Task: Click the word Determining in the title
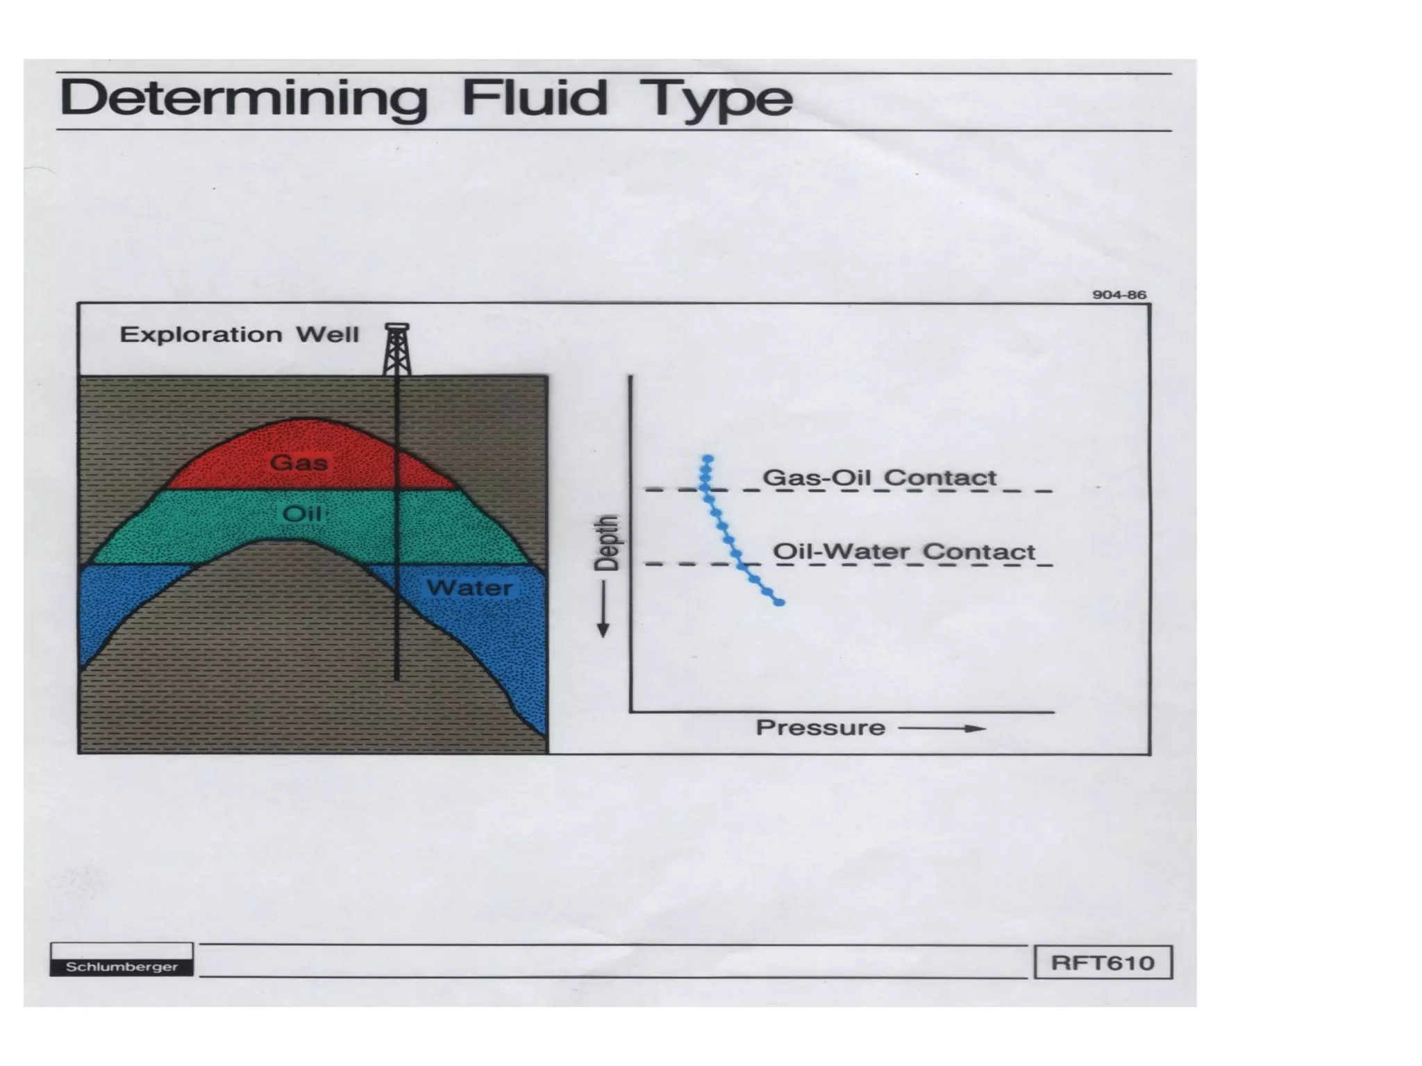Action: pyautogui.click(x=244, y=99)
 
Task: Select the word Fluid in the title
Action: pyautogui.click(x=534, y=98)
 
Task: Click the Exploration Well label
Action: pyautogui.click(x=240, y=335)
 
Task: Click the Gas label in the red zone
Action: pyautogui.click(x=299, y=463)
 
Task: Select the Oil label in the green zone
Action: pyautogui.click(x=302, y=514)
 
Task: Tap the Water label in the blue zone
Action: pyautogui.click(x=469, y=588)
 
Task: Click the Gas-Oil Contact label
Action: pyautogui.click(x=879, y=477)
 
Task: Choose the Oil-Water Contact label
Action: pyautogui.click(x=904, y=552)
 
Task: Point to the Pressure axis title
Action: pyautogui.click(x=820, y=728)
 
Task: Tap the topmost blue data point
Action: pyautogui.click(x=708, y=459)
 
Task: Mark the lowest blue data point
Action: pyautogui.click(x=780, y=602)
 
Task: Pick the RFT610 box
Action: pyautogui.click(x=1103, y=963)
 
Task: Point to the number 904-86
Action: pyautogui.click(x=1119, y=295)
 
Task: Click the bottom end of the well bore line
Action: pyautogui.click(x=396, y=678)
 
